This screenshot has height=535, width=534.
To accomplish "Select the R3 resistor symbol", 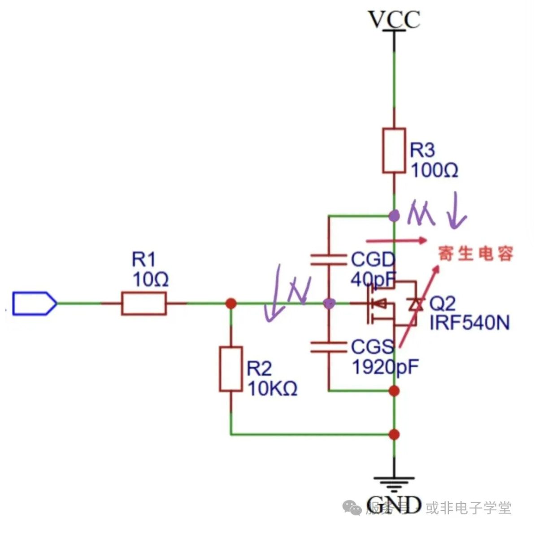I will (x=394, y=151).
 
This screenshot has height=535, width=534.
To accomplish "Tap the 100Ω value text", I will (x=434, y=171).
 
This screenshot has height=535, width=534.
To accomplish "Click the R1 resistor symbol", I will (x=144, y=304).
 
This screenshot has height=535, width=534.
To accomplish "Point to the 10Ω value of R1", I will (x=150, y=280).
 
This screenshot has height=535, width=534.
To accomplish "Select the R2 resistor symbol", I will (x=231, y=369).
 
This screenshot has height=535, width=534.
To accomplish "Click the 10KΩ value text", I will (x=272, y=388).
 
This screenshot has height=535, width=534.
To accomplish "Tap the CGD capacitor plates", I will (x=329, y=259).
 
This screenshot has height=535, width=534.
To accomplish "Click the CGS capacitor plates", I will (x=329, y=346).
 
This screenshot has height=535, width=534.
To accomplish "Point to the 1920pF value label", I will (x=385, y=367).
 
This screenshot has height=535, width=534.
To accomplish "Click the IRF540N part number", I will (x=469, y=323).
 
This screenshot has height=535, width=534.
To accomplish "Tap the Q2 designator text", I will (x=442, y=304).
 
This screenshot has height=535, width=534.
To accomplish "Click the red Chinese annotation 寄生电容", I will (x=475, y=254).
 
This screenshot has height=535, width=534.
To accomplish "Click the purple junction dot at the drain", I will (x=394, y=216).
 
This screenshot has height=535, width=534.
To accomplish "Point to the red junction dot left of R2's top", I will (x=231, y=304).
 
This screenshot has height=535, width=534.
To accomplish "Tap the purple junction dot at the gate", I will (x=329, y=304).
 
